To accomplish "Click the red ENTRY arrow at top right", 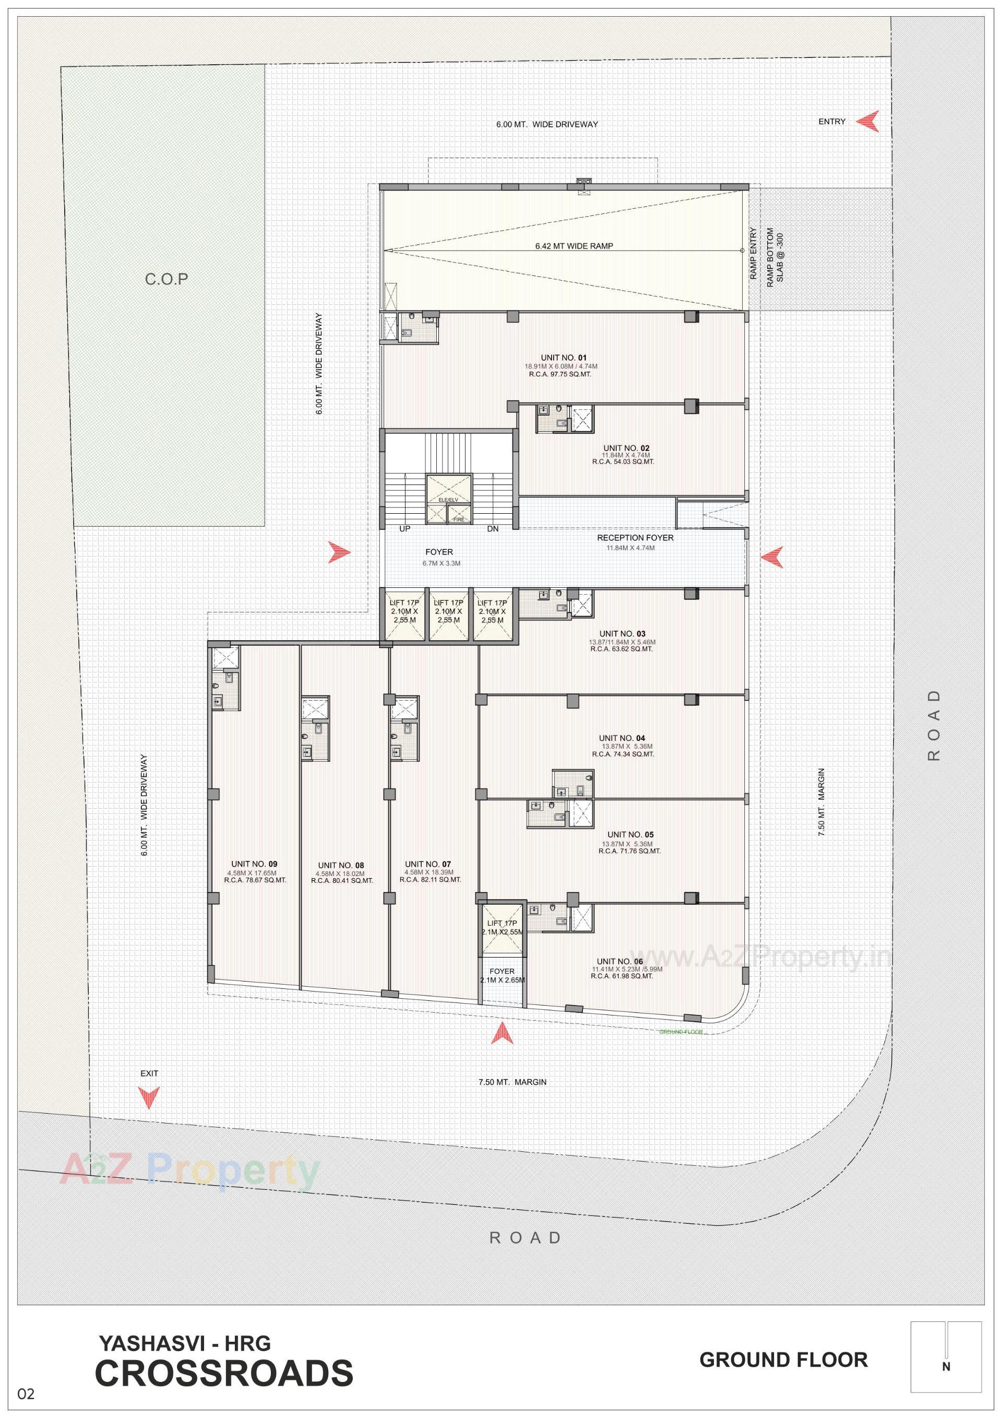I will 867,122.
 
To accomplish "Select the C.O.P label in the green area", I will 166,280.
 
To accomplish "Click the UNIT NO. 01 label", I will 564,358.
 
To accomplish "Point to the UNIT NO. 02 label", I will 626,448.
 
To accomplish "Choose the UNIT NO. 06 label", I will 620,961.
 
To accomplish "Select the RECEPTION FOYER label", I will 635,538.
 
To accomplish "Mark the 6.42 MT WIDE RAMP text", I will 574,246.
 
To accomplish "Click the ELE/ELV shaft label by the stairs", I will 448,500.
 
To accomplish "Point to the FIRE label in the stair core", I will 459,519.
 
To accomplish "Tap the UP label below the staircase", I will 405,529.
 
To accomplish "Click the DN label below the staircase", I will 492,529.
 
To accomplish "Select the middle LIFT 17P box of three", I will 448,611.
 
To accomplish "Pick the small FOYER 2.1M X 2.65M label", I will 502,976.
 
